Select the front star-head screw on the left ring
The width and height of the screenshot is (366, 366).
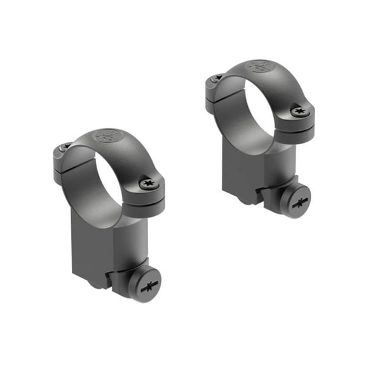(x=148, y=184)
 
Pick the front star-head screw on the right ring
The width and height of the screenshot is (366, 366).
(x=299, y=111)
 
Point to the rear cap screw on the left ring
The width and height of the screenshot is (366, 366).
(x=65, y=147)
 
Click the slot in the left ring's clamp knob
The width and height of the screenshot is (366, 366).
(x=146, y=285)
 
